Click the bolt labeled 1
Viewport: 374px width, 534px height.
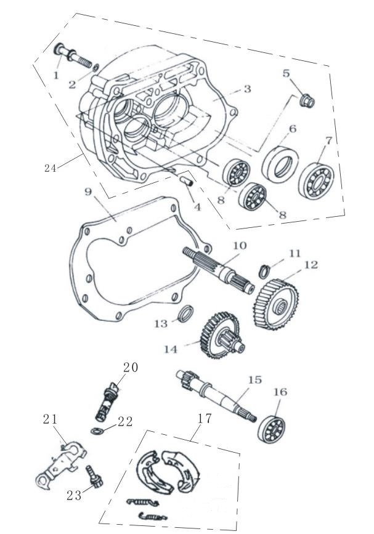(73, 55)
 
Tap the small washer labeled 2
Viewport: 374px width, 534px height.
(96, 67)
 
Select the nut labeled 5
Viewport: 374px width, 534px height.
(307, 100)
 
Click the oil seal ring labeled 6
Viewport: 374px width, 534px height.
(280, 164)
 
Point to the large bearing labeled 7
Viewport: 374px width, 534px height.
(316, 180)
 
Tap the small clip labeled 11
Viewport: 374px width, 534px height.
(264, 271)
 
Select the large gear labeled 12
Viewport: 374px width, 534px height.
(276, 304)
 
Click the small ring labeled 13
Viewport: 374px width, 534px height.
(186, 314)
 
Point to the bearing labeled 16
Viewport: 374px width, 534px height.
(272, 429)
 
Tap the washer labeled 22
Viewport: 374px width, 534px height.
(96, 431)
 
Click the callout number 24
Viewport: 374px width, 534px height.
(50, 168)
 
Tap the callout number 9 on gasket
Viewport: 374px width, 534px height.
(88, 192)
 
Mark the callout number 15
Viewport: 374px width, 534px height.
(255, 380)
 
